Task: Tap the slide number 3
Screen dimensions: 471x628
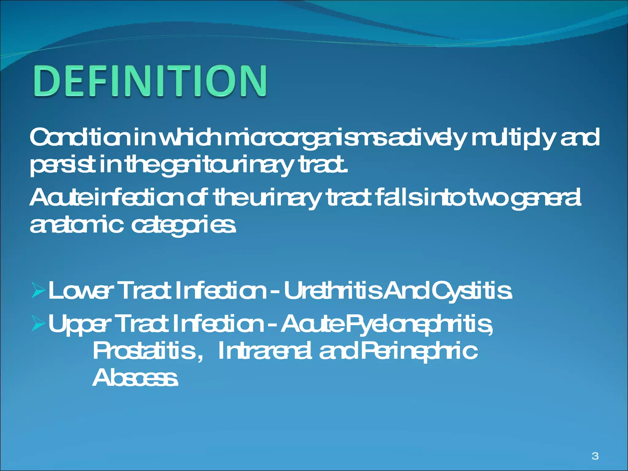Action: point(595,456)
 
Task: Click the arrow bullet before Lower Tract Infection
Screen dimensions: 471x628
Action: point(39,291)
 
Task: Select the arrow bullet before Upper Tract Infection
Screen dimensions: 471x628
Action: point(39,324)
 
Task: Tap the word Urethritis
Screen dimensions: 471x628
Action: point(333,291)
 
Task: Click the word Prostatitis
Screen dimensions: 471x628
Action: point(144,351)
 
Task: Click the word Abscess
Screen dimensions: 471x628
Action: point(135,378)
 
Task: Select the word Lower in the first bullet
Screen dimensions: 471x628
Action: point(78,291)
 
